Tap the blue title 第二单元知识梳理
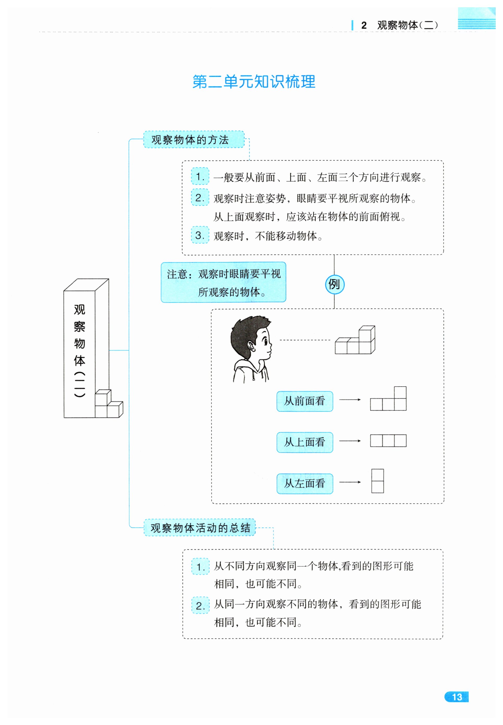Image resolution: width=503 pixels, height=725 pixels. click(254, 82)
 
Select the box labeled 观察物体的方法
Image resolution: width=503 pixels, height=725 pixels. click(194, 139)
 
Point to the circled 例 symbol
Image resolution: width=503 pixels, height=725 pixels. click(334, 284)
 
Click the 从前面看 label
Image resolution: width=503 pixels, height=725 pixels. click(305, 401)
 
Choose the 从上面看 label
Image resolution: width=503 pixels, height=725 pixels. click(305, 442)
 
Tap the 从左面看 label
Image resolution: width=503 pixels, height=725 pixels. click(305, 483)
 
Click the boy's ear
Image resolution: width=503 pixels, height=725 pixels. click(251, 347)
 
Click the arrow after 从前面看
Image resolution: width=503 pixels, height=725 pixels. click(350, 400)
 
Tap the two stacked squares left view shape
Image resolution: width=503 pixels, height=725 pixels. click(377, 481)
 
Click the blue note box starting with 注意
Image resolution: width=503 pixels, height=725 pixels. click(223, 282)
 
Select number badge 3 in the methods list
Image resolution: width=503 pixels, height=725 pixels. click(200, 235)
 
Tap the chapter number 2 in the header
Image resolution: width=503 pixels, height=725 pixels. click(364, 25)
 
